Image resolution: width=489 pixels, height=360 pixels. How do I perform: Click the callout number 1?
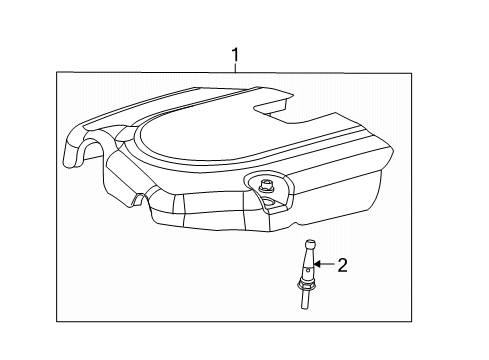pos(235,55)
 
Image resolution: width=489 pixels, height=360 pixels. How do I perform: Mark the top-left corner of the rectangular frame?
pos(57,73)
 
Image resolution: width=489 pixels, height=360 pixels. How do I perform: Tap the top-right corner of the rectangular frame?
pos(412,73)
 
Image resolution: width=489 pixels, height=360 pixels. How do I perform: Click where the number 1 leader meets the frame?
pos(235,73)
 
